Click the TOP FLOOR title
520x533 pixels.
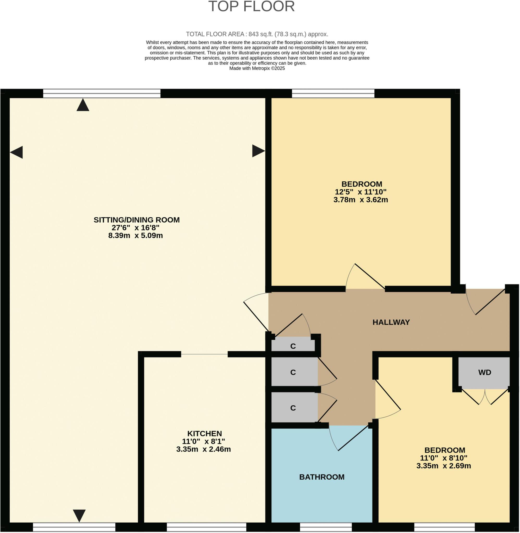pos(252,7)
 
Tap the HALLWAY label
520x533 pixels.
pos(391,322)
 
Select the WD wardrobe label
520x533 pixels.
pos(485,373)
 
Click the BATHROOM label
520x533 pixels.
pos(322,477)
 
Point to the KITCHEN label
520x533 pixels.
pos(205,433)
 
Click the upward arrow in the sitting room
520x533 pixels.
pos(83,105)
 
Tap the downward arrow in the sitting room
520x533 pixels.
pos(79,516)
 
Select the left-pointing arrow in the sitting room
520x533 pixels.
pos(16,152)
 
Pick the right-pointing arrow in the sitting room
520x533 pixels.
pos(258,151)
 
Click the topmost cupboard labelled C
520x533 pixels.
pos(293,346)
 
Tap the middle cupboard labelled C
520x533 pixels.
pos(293,373)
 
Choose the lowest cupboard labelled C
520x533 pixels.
pos(293,408)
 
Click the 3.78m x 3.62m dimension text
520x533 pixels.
pos(361,200)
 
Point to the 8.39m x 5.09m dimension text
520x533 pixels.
pos(135,236)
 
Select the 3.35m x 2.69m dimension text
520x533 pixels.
pos(443,466)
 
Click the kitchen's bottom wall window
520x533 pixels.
pos(207,527)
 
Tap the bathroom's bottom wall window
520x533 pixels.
pos(326,527)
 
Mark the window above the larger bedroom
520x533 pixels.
pos(333,93)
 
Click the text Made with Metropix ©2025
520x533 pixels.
pos(257,68)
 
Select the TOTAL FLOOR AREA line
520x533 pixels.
pos(257,34)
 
